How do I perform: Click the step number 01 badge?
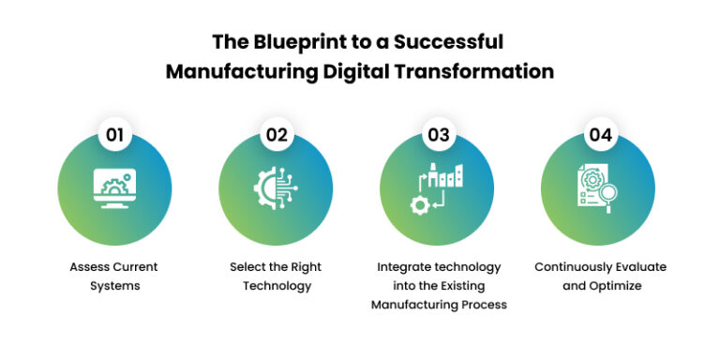tap(114, 134)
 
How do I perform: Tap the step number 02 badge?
tap(276, 134)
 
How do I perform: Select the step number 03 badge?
tap(438, 134)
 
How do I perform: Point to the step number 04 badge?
tap(600, 134)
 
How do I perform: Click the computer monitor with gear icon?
tap(114, 187)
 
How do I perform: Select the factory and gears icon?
tap(437, 186)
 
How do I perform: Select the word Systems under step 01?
tap(115, 286)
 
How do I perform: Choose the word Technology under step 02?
tap(276, 286)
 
